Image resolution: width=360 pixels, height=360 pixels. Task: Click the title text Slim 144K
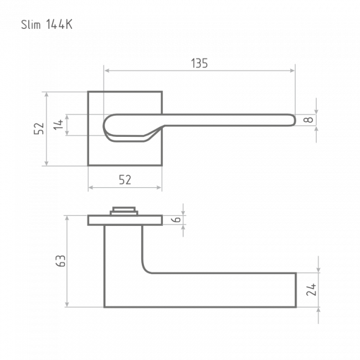tap(47, 24)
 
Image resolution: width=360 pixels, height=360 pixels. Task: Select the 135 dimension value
tap(199, 63)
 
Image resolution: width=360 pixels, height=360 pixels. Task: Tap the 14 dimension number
tap(58, 125)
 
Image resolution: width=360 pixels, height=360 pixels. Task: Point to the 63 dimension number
tap(60, 261)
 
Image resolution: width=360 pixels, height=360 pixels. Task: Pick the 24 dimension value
tap(311, 290)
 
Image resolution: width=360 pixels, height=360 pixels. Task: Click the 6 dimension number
tap(176, 219)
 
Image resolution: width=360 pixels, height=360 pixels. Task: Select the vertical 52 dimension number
tap(39, 128)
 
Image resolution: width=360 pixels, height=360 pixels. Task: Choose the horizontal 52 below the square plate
tap(125, 180)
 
